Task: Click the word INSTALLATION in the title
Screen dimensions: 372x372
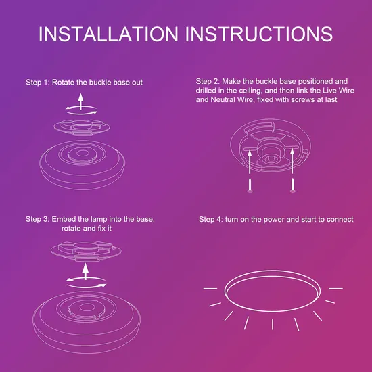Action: tap(108, 34)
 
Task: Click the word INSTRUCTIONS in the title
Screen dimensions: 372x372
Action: tap(259, 34)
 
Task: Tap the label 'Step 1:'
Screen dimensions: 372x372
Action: tap(38, 83)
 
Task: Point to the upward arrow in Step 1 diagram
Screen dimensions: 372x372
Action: tap(81, 101)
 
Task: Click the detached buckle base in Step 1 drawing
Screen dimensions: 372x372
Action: tap(82, 127)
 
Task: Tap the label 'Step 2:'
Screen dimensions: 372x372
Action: tap(208, 81)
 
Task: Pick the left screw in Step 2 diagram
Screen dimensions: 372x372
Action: tap(250, 185)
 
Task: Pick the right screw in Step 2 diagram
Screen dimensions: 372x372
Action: tap(293, 185)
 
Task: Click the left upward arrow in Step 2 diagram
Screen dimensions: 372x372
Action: tap(250, 162)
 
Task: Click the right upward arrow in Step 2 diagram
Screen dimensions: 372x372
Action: tap(292, 161)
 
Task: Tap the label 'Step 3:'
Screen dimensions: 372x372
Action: tap(38, 219)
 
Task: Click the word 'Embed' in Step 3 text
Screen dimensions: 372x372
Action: tap(60, 219)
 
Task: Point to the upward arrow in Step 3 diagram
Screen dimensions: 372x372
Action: tap(85, 272)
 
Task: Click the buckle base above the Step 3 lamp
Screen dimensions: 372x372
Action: tap(86, 252)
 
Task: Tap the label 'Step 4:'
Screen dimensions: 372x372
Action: tap(211, 219)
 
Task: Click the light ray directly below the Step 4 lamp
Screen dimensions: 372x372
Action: tap(273, 324)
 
